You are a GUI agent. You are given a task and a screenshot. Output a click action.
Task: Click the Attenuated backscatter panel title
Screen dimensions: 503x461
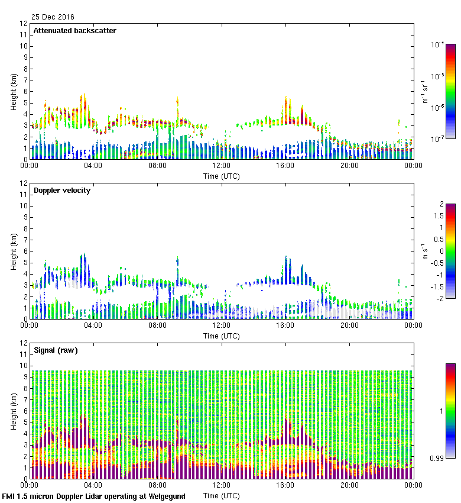click(x=74, y=31)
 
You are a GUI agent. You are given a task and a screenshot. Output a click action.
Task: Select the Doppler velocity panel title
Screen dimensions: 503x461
click(x=61, y=191)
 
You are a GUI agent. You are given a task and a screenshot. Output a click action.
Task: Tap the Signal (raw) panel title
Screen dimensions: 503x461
click(x=56, y=350)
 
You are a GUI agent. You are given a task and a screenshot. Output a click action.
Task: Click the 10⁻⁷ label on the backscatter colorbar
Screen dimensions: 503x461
click(x=437, y=138)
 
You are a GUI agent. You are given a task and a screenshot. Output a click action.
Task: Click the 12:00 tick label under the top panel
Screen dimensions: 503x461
click(x=222, y=166)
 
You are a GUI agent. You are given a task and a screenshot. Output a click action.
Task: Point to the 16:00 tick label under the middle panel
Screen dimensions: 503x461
click(x=285, y=325)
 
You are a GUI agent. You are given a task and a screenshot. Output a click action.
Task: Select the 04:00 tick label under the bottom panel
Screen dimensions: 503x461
click(x=93, y=485)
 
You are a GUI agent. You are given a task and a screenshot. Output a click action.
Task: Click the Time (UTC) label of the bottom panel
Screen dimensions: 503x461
click(x=222, y=495)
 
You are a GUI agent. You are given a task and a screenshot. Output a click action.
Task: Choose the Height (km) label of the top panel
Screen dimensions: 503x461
click(x=14, y=92)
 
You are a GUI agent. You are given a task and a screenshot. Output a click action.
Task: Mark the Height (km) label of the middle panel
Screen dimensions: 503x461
click(x=14, y=251)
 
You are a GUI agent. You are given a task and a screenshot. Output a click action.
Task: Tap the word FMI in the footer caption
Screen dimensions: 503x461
click(x=9, y=496)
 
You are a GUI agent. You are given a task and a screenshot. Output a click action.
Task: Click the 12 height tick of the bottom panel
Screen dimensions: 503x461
click(x=24, y=343)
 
